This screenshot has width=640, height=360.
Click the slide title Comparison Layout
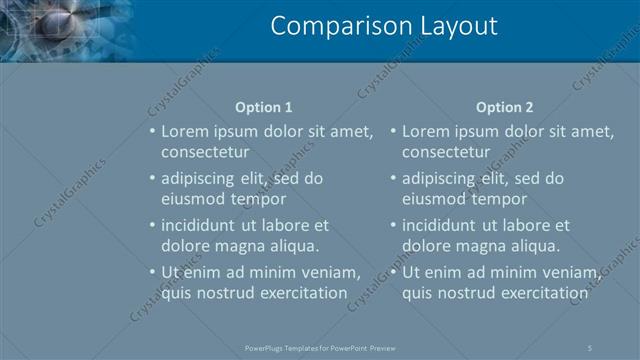coord(384,27)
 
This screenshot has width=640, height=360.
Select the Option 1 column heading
coord(264,107)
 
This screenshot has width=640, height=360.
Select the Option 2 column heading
coord(505,107)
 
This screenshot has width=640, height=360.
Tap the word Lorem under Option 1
coord(185,131)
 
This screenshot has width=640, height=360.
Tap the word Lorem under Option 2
coord(426,131)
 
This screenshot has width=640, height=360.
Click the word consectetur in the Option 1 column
coord(205,152)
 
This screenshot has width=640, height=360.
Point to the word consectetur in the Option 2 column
coord(446,152)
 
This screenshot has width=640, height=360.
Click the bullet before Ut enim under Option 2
coord(393,272)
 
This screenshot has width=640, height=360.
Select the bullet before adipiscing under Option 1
coord(152,179)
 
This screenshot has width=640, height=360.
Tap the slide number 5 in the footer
coord(590,347)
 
